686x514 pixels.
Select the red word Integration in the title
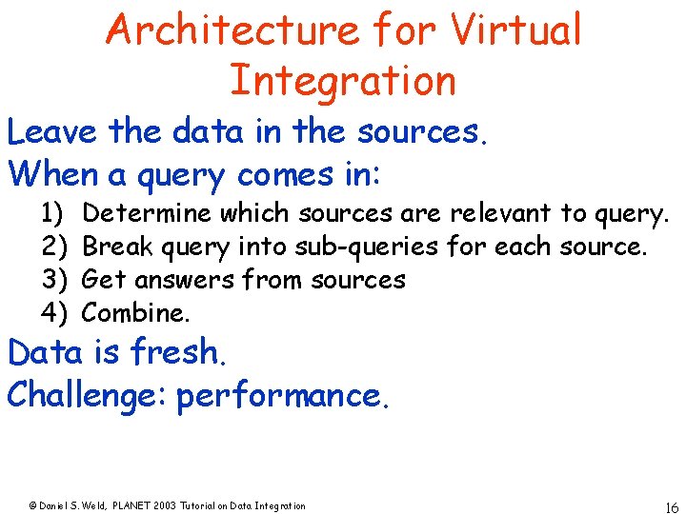pos(342,81)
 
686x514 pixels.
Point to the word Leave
pos(53,131)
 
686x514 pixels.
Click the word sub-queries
pos(367,247)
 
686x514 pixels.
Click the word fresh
pos(178,352)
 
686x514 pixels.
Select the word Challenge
pos(87,395)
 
